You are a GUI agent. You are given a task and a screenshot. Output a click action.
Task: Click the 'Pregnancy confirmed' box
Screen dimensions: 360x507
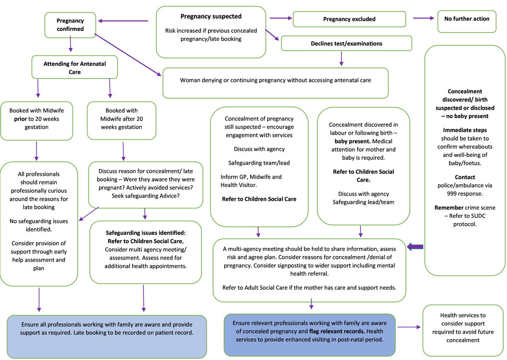pos(70,25)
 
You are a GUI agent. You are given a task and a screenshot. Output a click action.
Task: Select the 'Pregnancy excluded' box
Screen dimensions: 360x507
pos(349,19)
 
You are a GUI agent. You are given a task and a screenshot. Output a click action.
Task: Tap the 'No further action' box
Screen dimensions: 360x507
pos(466,19)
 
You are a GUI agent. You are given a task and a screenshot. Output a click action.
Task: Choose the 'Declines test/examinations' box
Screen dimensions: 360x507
pos(346,44)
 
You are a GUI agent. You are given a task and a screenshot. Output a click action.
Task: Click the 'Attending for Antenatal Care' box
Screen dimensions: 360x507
pos(75,68)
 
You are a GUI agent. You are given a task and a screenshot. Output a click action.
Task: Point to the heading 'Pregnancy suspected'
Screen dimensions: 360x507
pos(211,17)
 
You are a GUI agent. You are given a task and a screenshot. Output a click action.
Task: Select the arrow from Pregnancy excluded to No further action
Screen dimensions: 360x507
pos(424,18)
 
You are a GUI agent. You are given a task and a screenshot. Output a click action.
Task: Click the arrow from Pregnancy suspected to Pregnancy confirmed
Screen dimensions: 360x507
pos(123,20)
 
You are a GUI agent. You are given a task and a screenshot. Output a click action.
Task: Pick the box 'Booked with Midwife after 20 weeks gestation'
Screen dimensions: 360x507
pos(121,119)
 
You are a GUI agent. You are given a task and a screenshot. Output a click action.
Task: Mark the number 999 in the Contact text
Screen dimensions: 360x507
pos(455,194)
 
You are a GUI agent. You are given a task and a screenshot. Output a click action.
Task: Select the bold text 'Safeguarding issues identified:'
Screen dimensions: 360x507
pos(145,233)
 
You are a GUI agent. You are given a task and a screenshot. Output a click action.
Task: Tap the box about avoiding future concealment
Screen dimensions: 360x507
pos(463,327)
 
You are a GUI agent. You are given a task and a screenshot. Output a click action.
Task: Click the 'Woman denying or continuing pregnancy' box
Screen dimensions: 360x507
pos(275,81)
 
